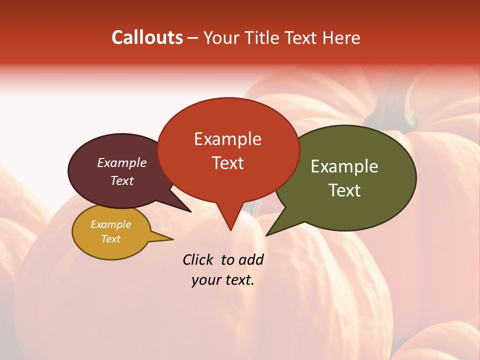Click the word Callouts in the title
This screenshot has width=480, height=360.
point(147,37)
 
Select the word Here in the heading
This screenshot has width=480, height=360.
point(341,37)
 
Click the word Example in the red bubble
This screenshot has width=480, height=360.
point(227,138)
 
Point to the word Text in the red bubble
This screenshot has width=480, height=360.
point(227,162)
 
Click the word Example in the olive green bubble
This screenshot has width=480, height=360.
point(344,166)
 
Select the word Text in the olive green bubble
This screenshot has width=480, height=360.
point(344,190)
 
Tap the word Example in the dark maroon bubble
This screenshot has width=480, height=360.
point(121,162)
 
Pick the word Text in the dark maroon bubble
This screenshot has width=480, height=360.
point(121,180)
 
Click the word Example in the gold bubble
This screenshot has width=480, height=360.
point(110,224)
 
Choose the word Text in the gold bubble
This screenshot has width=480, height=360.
point(110,239)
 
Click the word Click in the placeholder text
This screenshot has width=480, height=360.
point(199,259)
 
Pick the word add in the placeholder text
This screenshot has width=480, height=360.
point(251,259)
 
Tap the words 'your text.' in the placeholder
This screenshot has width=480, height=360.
point(223,280)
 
